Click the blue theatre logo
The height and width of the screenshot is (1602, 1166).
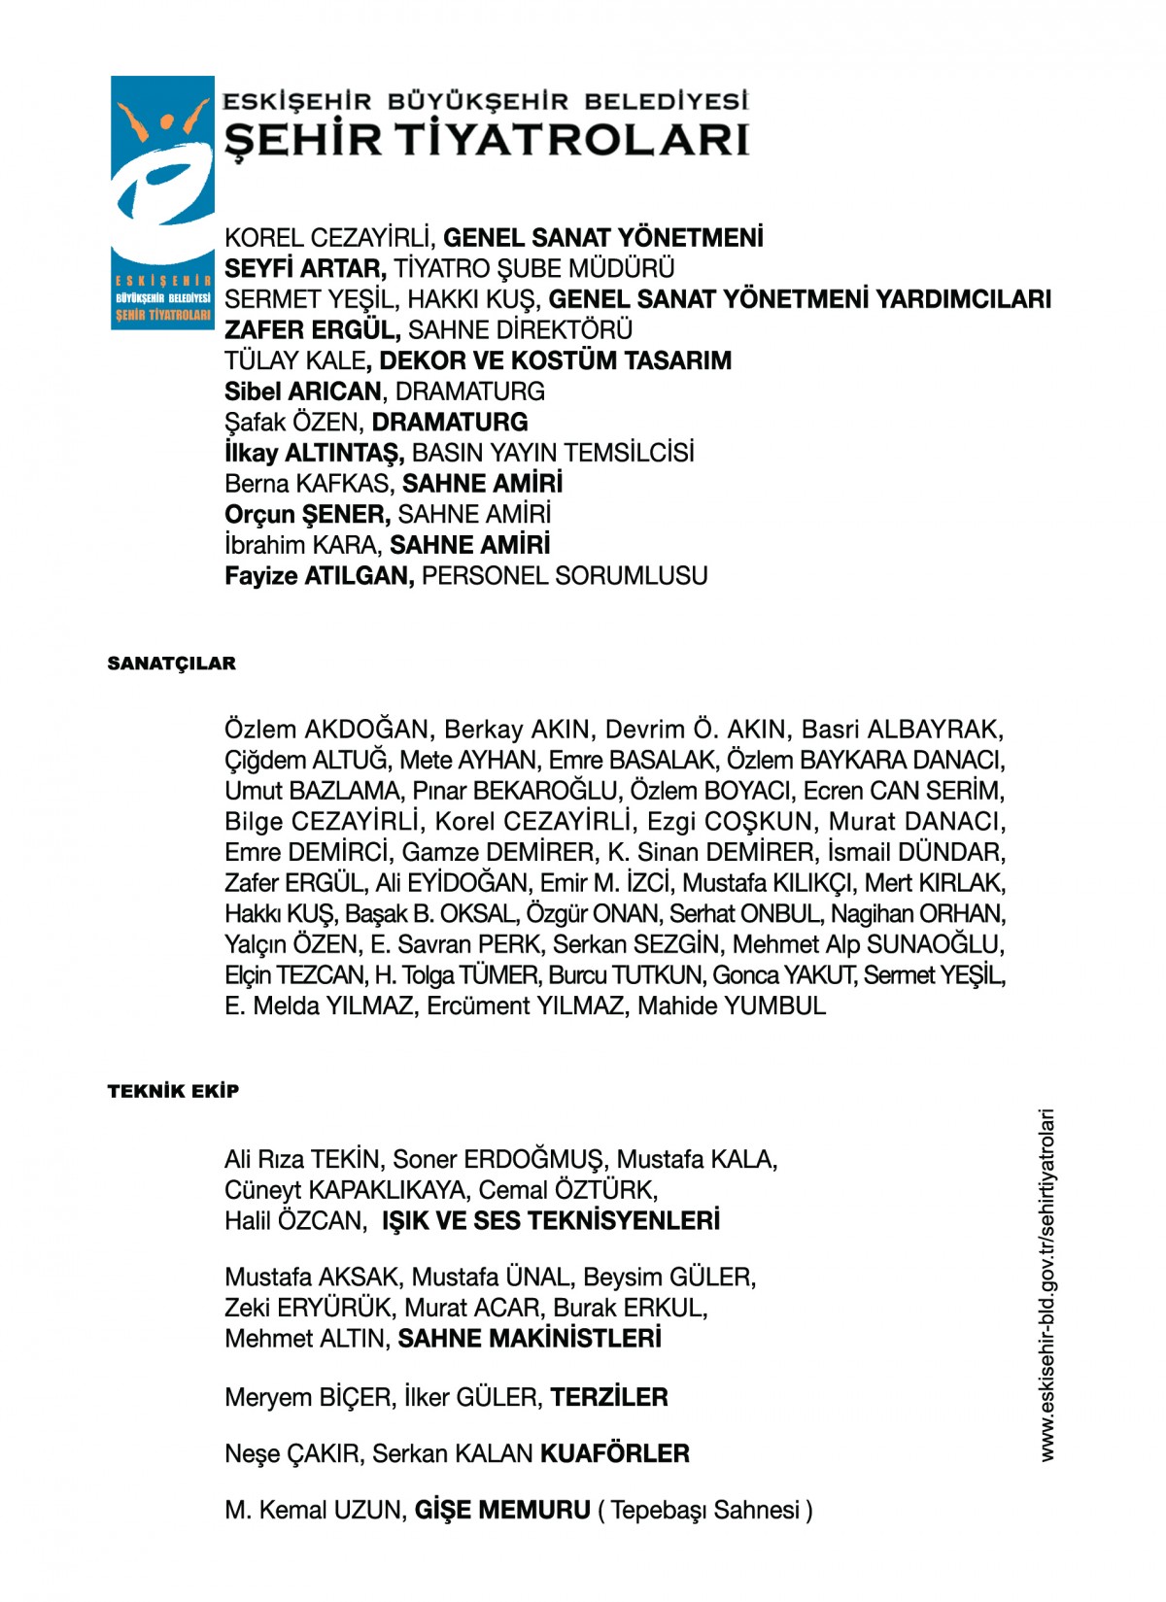click(162, 202)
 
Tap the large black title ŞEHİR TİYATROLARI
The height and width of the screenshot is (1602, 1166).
click(486, 140)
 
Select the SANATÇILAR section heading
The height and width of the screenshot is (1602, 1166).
click(172, 664)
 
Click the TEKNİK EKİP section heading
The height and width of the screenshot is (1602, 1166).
click(173, 1091)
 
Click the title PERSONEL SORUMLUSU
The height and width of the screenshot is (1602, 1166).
click(565, 576)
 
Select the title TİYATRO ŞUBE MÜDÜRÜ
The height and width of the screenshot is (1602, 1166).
click(533, 268)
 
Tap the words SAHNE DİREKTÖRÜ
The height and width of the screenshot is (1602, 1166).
click(520, 330)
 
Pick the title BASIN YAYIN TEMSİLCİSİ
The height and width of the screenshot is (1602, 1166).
click(553, 453)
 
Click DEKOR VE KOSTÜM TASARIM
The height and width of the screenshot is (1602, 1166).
click(555, 361)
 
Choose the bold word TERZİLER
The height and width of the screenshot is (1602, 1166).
click(609, 1398)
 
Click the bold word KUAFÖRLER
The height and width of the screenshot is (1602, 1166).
click(615, 1454)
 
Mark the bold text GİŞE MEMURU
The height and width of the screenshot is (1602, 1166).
click(502, 1511)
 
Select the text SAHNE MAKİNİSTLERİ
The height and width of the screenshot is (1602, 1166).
click(530, 1339)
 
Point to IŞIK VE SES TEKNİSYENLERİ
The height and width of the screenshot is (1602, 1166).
click(551, 1221)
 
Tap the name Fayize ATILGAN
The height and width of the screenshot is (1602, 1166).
click(319, 576)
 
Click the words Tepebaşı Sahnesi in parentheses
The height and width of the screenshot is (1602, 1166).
click(704, 1511)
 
